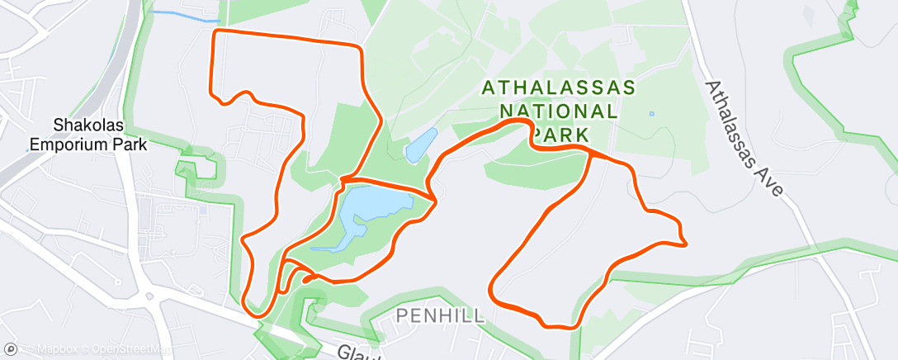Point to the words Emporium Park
click(88, 144)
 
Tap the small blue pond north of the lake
click(421, 145)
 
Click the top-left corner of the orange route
click(215, 31)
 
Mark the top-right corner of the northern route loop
click(361, 46)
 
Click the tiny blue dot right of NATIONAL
click(651, 113)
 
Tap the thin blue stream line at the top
click(186, 16)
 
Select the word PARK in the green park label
click(562, 134)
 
